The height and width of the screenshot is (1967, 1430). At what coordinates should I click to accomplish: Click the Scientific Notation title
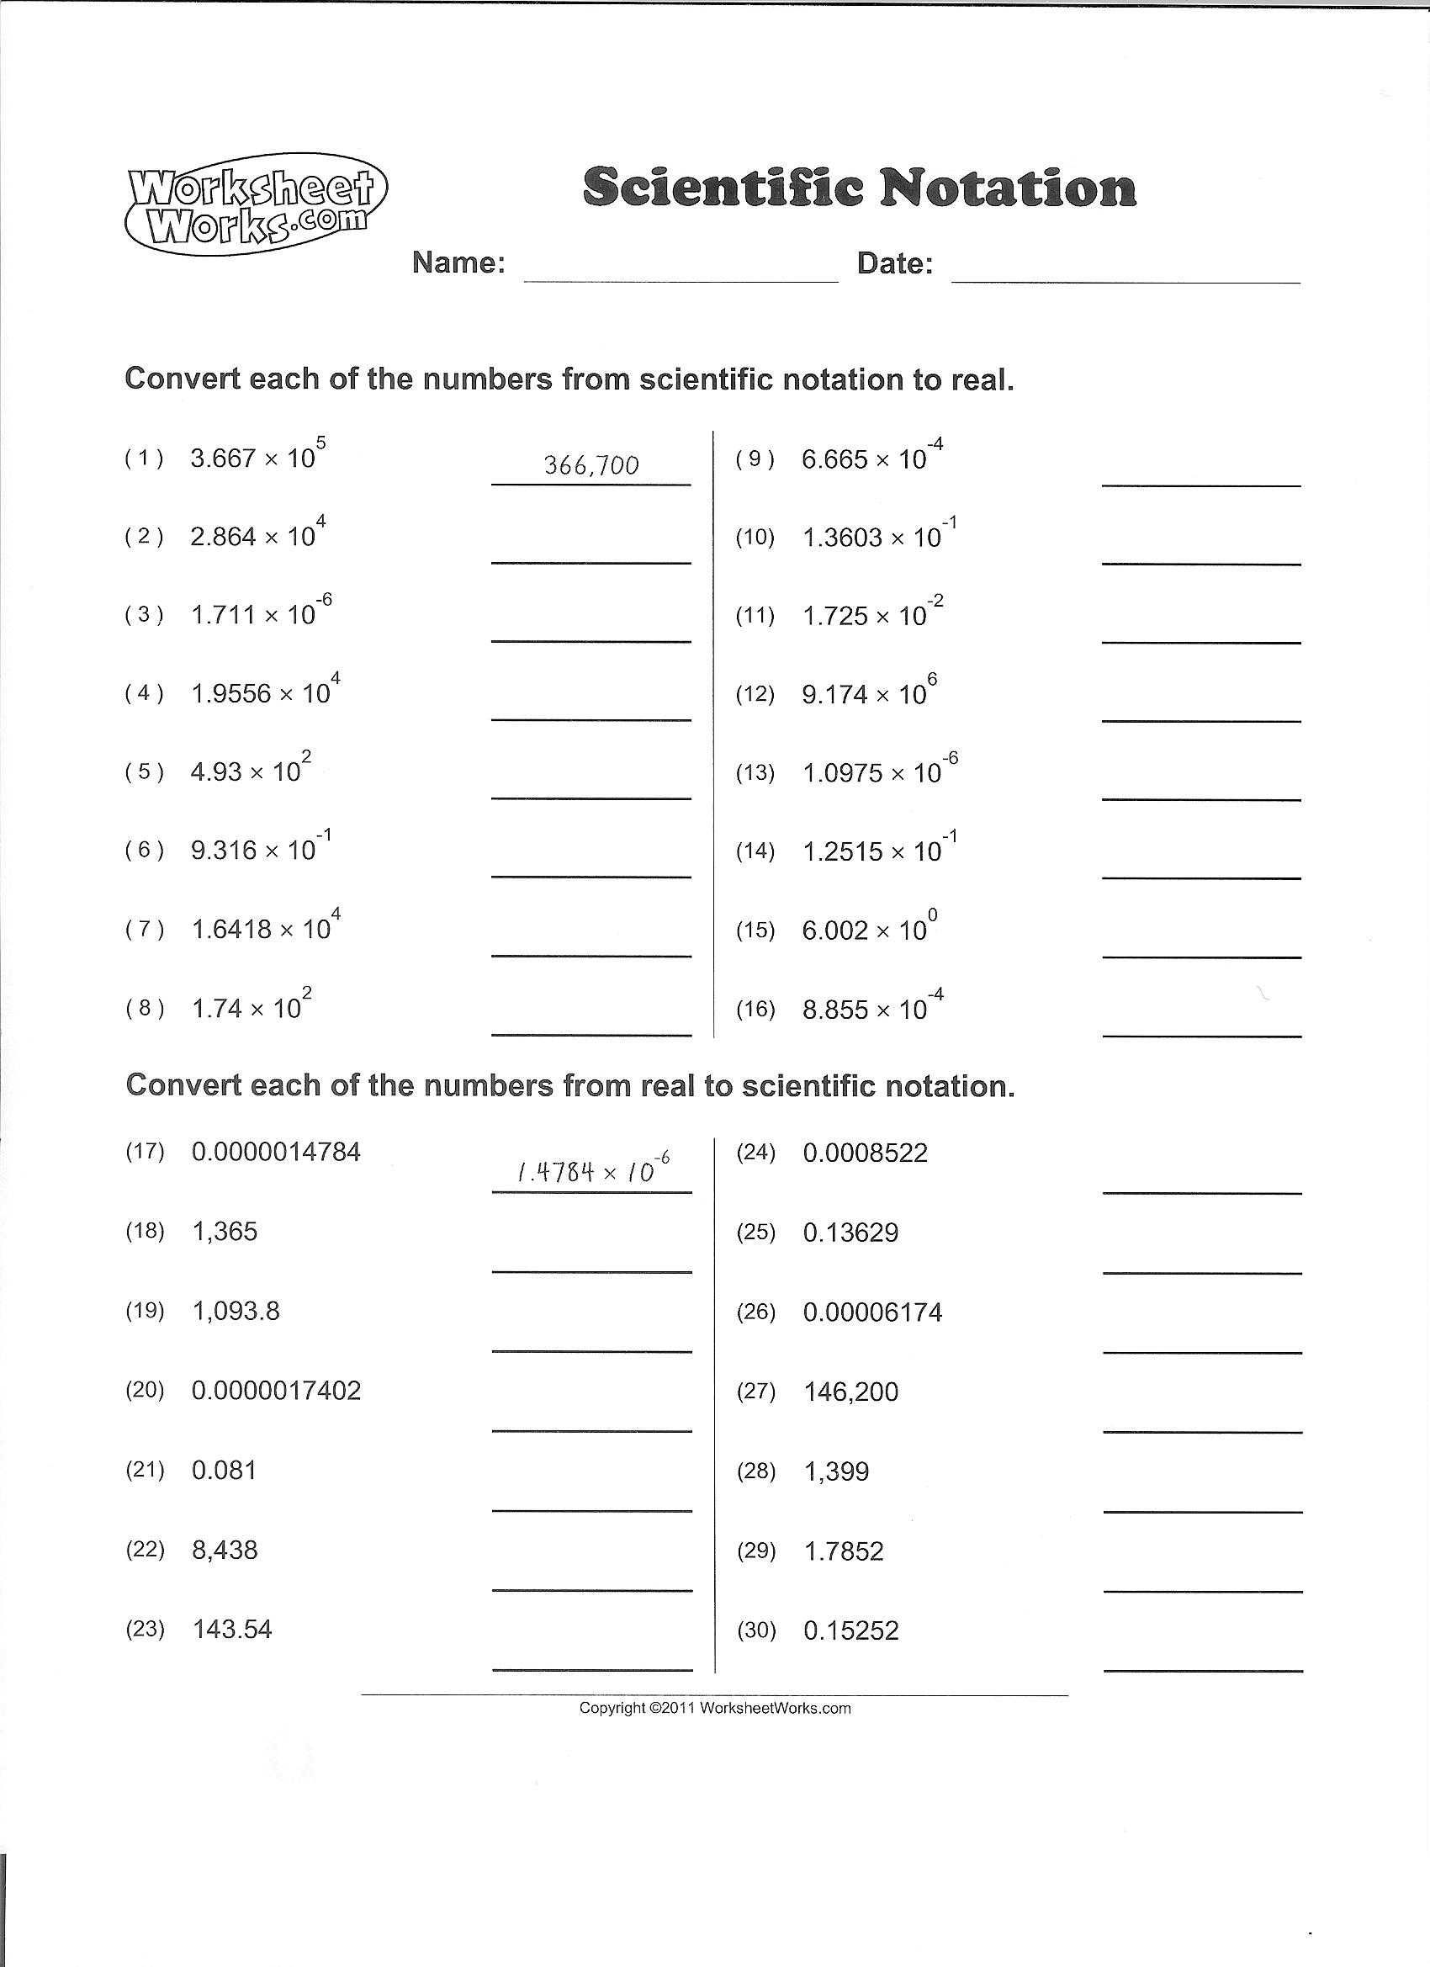coord(859,187)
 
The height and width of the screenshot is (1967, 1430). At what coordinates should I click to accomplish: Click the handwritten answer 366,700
coord(591,467)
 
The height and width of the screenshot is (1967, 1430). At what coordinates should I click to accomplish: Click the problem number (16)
coord(755,1009)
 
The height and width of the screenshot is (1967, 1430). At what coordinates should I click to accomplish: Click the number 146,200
coord(850,1392)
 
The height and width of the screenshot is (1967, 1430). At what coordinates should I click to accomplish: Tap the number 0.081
coord(224,1470)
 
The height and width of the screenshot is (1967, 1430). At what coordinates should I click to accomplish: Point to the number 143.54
coord(231,1629)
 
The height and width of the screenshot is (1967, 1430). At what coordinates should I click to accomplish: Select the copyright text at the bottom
coord(714,1709)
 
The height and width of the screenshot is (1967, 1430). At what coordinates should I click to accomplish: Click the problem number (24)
coord(755,1152)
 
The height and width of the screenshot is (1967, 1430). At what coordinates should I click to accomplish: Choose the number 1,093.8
coord(236,1311)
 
